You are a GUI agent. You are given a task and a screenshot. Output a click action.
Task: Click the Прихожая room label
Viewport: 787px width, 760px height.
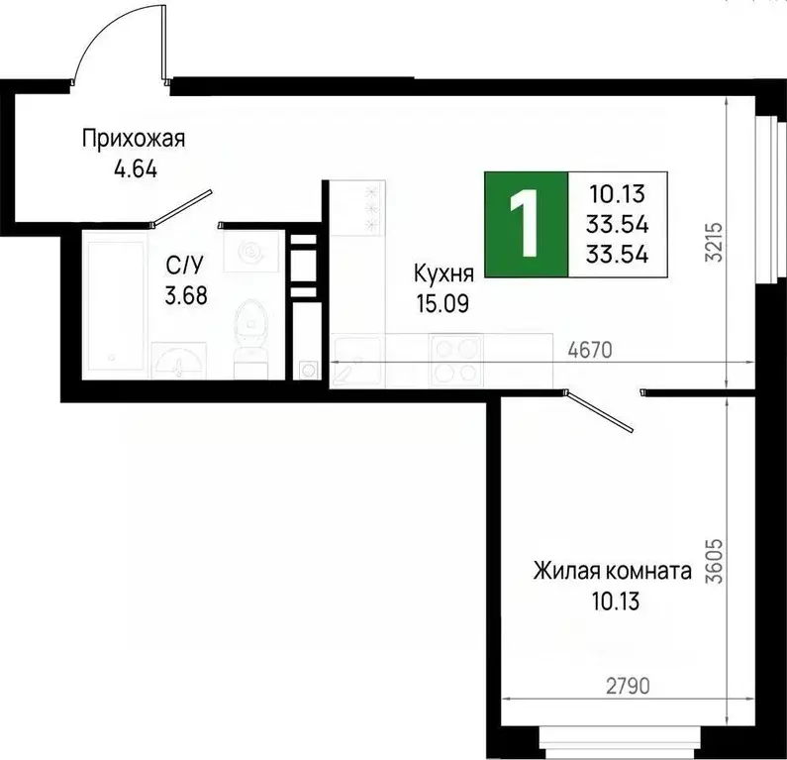134,139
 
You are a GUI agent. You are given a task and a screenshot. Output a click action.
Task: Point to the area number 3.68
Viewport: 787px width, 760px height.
187,294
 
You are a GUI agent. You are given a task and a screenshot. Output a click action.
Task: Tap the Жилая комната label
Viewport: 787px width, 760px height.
611,572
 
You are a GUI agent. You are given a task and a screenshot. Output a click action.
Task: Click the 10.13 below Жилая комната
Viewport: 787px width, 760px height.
611,599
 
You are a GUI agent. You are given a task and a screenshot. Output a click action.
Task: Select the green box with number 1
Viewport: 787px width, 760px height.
526,224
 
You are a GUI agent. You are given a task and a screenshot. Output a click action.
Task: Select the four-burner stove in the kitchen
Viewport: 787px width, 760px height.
454,362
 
